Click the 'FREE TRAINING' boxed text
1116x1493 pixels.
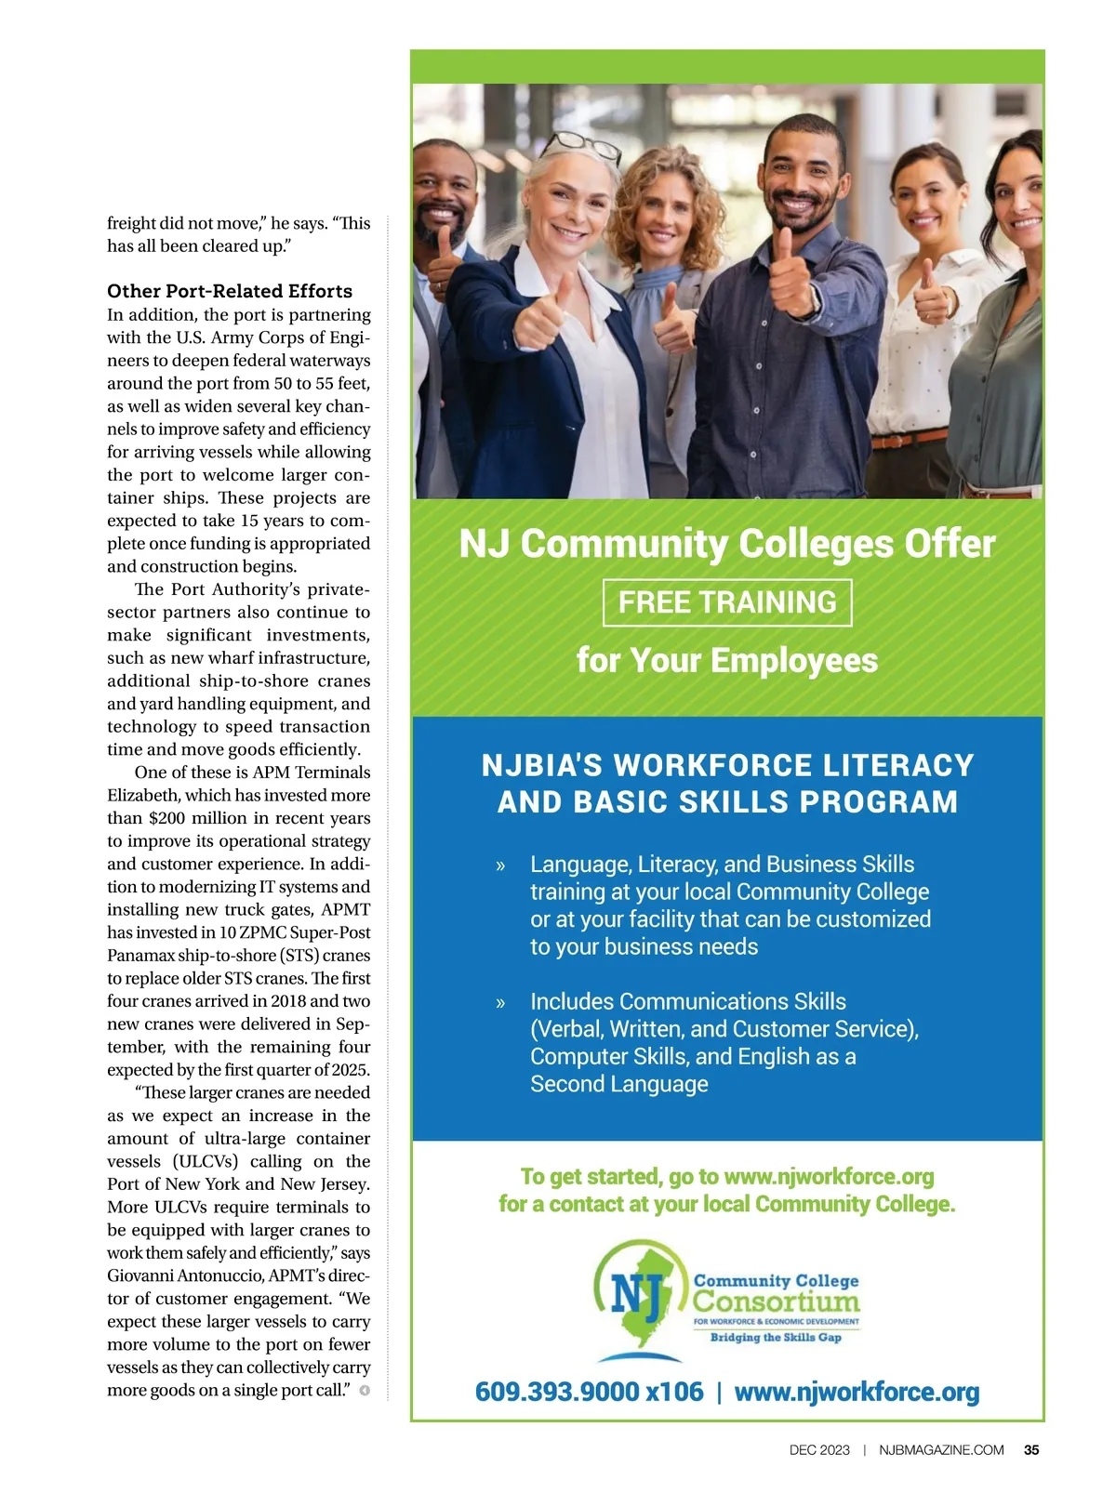tap(727, 602)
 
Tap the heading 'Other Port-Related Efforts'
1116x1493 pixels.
tap(230, 291)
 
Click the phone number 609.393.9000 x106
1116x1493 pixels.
tap(589, 1392)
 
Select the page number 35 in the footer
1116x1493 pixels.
tap(1031, 1449)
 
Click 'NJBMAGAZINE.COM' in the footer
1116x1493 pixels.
tap(941, 1449)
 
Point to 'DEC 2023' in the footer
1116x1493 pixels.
tap(819, 1449)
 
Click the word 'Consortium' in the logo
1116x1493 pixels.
tap(777, 1301)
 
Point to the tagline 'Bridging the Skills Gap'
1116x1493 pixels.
tap(776, 1338)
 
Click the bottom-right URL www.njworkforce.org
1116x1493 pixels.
tap(857, 1392)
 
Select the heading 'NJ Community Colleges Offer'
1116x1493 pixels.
tap(727, 544)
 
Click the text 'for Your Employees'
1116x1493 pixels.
tap(727, 660)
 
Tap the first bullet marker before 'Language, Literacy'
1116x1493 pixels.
tap(501, 865)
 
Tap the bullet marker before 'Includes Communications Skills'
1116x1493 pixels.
tap(501, 1003)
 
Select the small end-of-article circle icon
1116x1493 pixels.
tap(365, 1391)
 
